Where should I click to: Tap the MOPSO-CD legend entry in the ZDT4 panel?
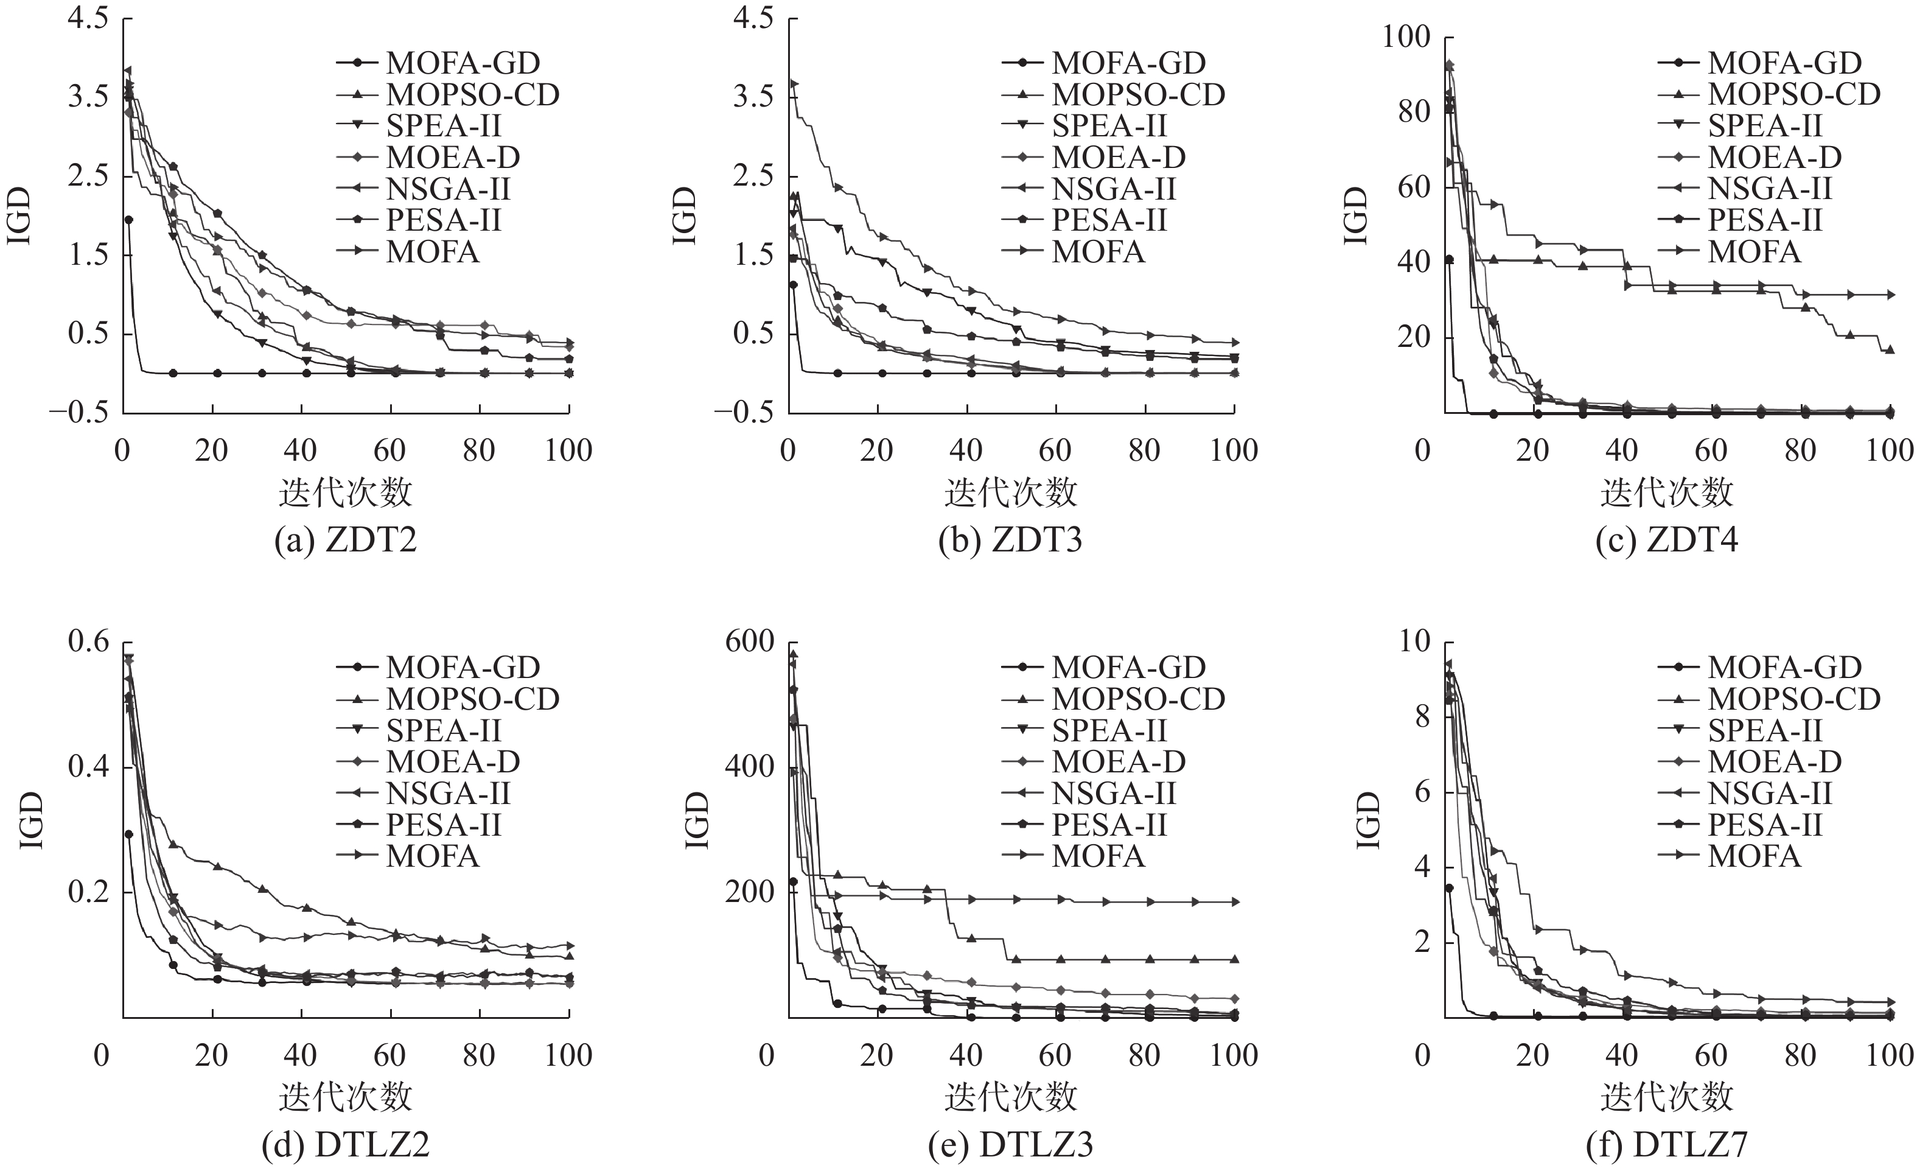click(x=1793, y=94)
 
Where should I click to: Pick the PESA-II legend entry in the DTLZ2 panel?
click(x=444, y=825)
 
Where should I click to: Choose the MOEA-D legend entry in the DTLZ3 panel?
click(x=1118, y=762)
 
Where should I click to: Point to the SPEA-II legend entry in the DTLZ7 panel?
click(x=1764, y=730)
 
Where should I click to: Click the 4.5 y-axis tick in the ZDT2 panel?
click(x=89, y=19)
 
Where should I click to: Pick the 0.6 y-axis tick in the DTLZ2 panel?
click(x=89, y=642)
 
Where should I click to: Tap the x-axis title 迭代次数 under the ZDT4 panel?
click(x=1666, y=492)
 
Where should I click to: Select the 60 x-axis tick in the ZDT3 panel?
click(x=1055, y=450)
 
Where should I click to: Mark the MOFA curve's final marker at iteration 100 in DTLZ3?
click(x=1235, y=903)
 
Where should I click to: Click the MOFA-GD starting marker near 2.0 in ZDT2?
click(x=128, y=220)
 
